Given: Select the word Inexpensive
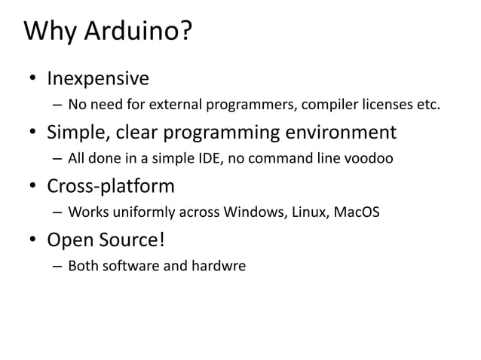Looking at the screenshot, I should tap(98, 79).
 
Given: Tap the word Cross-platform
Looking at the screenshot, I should tap(111, 187).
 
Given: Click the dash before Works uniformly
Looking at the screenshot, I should tap(57, 213).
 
